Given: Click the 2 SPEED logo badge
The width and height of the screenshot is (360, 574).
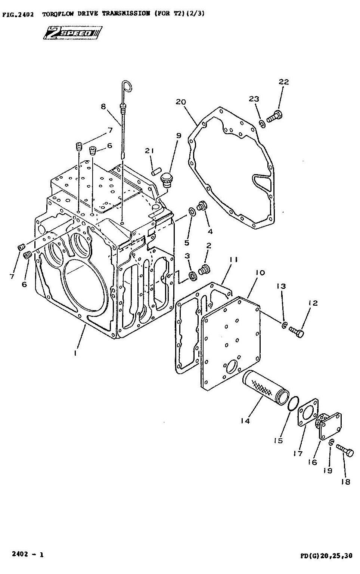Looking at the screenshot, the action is tap(72, 33).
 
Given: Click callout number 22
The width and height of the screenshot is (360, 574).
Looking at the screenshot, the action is tap(283, 82).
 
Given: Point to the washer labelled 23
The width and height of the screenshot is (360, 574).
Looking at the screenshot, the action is tap(262, 124).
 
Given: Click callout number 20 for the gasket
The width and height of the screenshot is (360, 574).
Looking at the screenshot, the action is tap(181, 102).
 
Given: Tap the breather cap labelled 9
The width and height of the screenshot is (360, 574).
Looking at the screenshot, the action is tap(167, 179).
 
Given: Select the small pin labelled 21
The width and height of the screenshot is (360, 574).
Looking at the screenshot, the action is tap(156, 171).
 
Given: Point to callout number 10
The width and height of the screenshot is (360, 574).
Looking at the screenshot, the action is tap(260, 273).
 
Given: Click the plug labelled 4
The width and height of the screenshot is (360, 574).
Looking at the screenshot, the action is tap(202, 206).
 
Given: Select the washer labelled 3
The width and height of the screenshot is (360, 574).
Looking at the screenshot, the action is tap(193, 276).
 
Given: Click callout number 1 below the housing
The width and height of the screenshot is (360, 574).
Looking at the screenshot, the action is tap(75, 353).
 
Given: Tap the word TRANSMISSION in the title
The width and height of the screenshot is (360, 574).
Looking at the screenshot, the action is tap(126, 13).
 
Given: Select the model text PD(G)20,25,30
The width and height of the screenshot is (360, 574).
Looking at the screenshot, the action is tap(326, 556).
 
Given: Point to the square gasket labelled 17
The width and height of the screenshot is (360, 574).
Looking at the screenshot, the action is tap(308, 413).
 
